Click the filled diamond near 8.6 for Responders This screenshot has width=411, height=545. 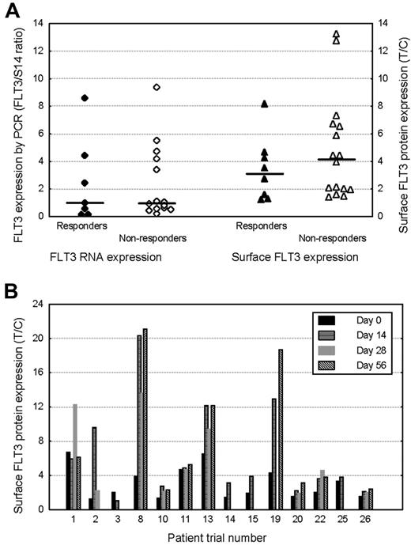tap(85, 97)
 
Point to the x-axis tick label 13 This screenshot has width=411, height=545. tap(206, 520)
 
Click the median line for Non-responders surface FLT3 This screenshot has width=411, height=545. tap(336, 160)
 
